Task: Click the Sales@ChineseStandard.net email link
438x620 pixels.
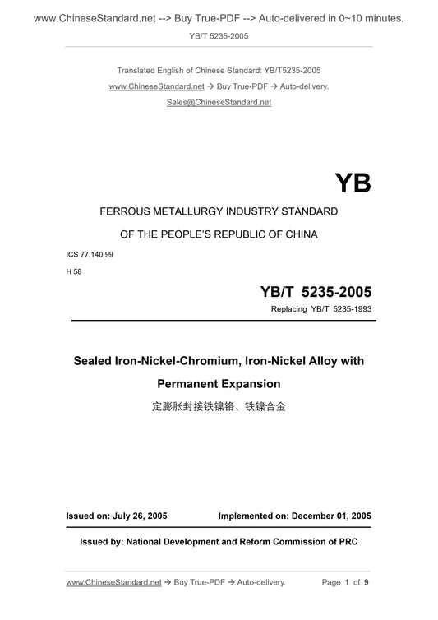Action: pyautogui.click(x=219, y=102)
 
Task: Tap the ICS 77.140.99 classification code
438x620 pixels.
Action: pyautogui.click(x=90, y=254)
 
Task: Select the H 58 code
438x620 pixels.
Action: pyautogui.click(x=75, y=271)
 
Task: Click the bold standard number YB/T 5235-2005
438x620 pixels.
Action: pyautogui.click(x=316, y=291)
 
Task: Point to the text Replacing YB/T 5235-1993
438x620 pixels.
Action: pyautogui.click(x=320, y=309)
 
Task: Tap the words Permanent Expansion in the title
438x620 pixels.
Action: pyautogui.click(x=219, y=383)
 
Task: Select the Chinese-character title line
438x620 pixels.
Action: pyautogui.click(x=219, y=406)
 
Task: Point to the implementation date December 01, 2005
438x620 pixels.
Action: pyautogui.click(x=330, y=516)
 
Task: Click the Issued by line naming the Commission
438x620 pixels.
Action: pyautogui.click(x=219, y=542)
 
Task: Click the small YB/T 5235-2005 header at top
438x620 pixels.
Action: pyautogui.click(x=219, y=36)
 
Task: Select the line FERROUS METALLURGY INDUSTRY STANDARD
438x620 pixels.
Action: pyautogui.click(x=219, y=211)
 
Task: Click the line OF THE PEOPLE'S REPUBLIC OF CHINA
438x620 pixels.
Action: pyautogui.click(x=219, y=234)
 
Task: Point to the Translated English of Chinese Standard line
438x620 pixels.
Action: pyautogui.click(x=219, y=69)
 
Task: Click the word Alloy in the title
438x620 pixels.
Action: pyautogui.click(x=311, y=361)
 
